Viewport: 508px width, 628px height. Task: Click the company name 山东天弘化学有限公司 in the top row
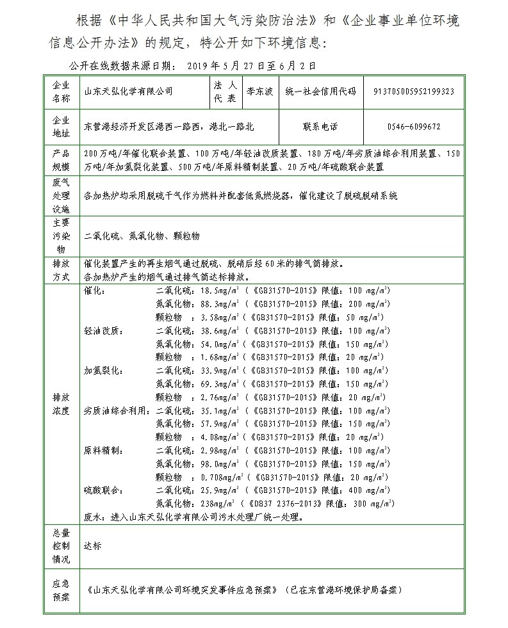click(129, 92)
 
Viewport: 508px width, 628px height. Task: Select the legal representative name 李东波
click(259, 92)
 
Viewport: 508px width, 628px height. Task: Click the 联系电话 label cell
click(321, 127)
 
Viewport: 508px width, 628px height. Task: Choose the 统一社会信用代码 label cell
click(321, 92)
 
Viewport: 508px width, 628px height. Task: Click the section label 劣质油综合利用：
click(115, 410)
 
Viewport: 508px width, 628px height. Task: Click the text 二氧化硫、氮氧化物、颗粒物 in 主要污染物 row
click(142, 236)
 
